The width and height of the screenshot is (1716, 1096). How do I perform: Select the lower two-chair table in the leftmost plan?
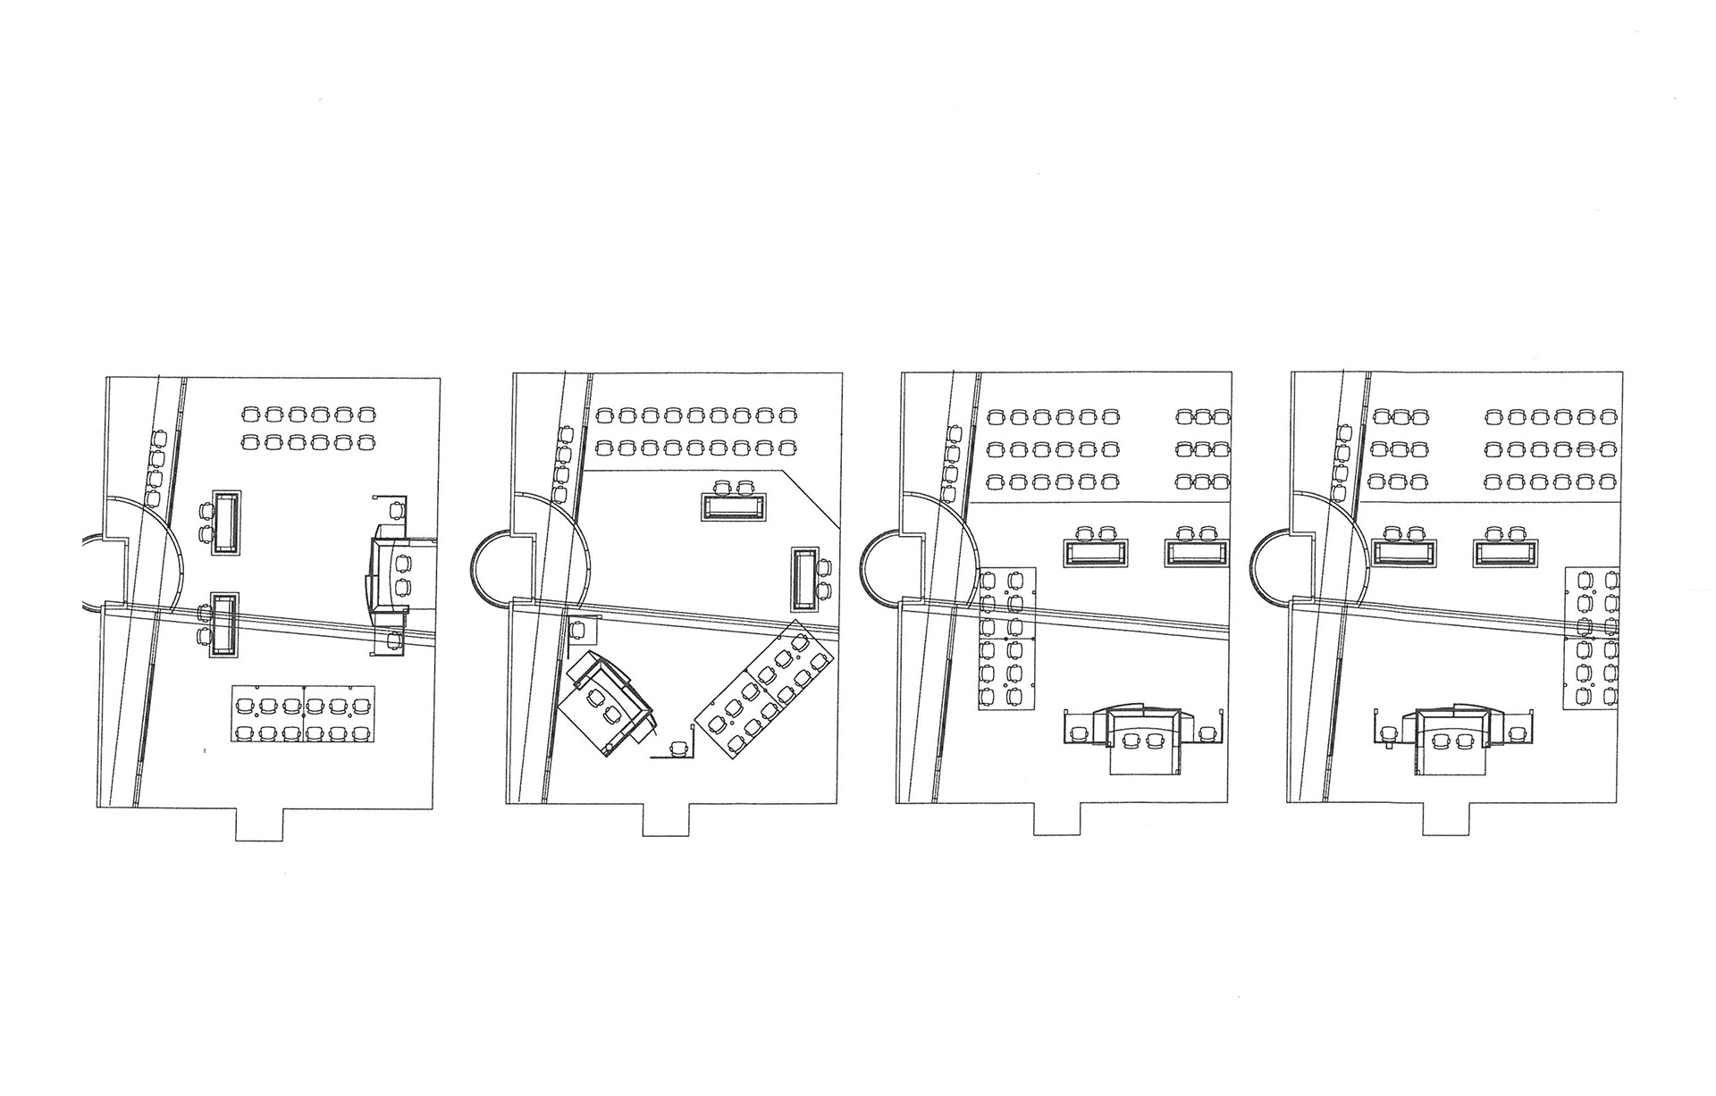click(x=225, y=624)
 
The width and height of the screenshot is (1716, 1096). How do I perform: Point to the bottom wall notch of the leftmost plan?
click(x=259, y=824)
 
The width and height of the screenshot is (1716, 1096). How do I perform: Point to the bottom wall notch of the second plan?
click(x=667, y=819)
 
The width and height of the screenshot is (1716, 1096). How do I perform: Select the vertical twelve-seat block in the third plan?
click(x=1007, y=639)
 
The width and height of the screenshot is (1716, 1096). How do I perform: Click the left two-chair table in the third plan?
click(x=1097, y=552)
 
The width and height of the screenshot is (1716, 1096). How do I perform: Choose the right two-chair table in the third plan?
click(x=1198, y=552)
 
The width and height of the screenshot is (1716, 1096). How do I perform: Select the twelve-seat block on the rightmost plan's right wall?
click(x=1593, y=638)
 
